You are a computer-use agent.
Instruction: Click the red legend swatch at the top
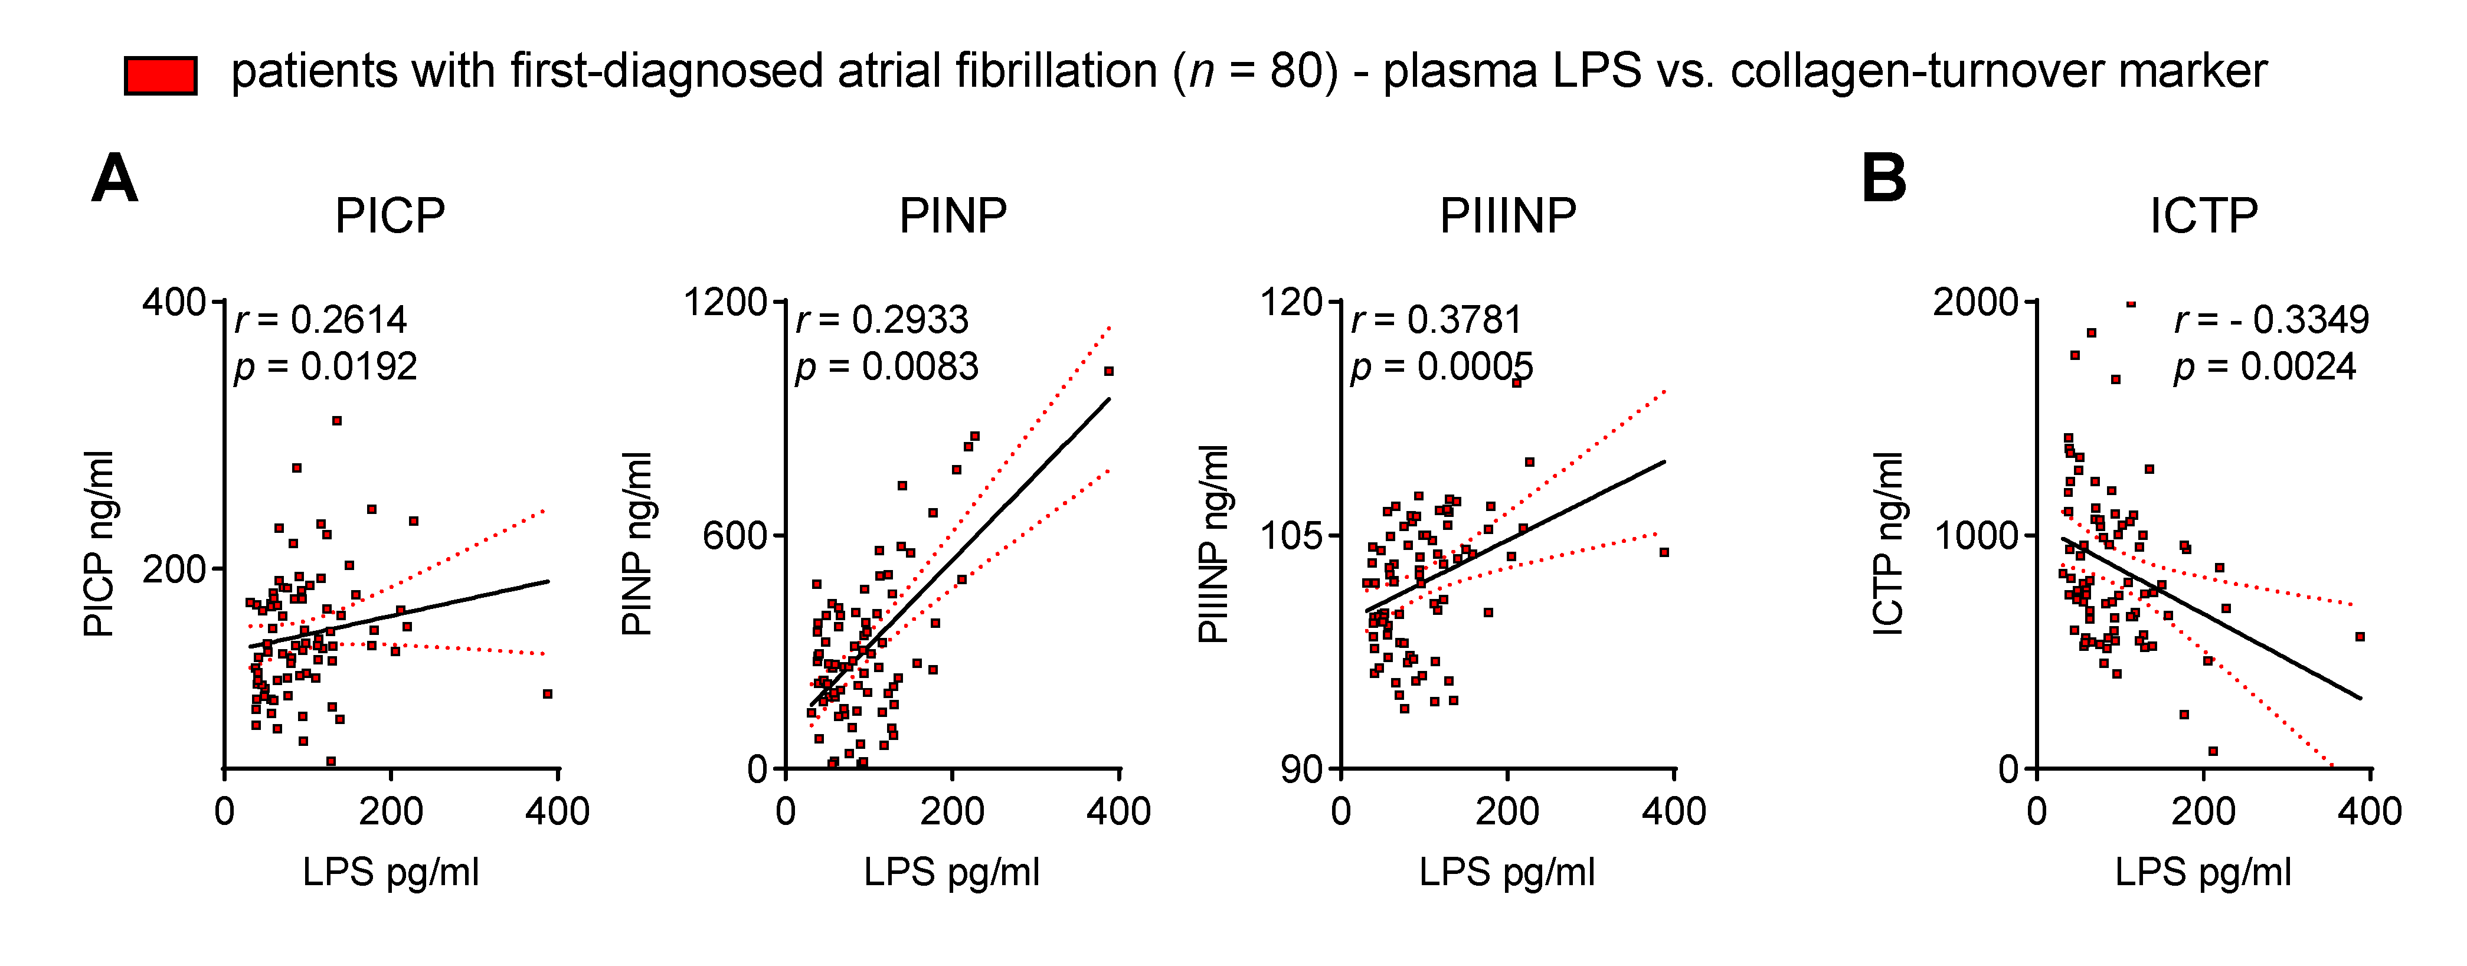coord(161,75)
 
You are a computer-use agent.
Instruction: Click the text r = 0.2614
coord(321,320)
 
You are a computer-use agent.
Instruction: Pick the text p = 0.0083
coord(887,366)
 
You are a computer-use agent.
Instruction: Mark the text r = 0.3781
coord(1437,320)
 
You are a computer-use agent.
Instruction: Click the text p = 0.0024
coord(2265,366)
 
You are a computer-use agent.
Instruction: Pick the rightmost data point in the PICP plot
coord(548,694)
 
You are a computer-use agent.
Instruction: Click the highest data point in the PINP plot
coord(1109,371)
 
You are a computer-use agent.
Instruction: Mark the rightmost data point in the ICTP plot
coord(2361,637)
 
